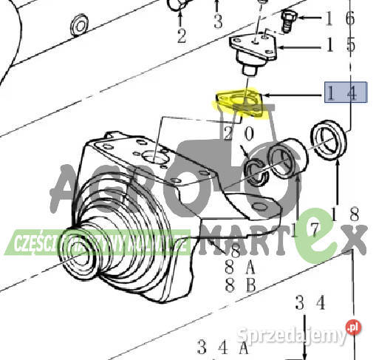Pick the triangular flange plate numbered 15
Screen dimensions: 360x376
(x=253, y=48)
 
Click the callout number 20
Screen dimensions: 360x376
(x=239, y=134)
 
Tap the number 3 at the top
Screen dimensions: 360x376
(x=217, y=19)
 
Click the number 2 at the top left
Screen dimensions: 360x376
(x=181, y=35)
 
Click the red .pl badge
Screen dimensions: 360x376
(x=353, y=326)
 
